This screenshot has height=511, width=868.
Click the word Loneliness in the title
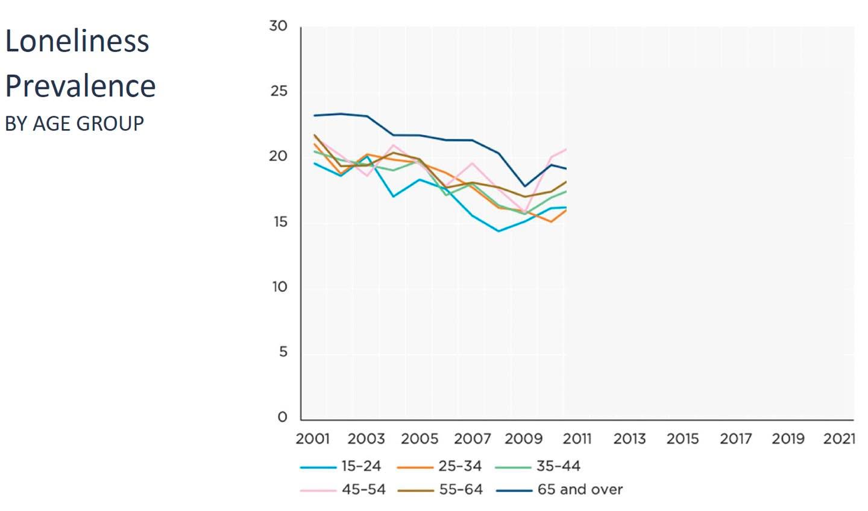[77, 42]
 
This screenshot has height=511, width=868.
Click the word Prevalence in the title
[80, 86]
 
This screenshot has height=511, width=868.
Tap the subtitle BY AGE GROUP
[75, 124]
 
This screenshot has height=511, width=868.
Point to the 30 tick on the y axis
[278, 26]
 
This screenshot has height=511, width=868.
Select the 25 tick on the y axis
[278, 91]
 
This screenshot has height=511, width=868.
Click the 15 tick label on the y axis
[280, 222]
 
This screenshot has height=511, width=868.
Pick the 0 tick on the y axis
[282, 417]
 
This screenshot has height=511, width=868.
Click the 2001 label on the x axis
[312, 439]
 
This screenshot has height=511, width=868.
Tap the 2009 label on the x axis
[523, 439]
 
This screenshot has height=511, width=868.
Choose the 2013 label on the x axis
[629, 439]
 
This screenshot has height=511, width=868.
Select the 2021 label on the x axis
[839, 439]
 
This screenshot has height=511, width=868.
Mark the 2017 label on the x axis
[735, 439]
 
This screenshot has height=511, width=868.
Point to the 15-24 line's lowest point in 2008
[498, 231]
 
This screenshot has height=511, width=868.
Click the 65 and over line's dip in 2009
[524, 186]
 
